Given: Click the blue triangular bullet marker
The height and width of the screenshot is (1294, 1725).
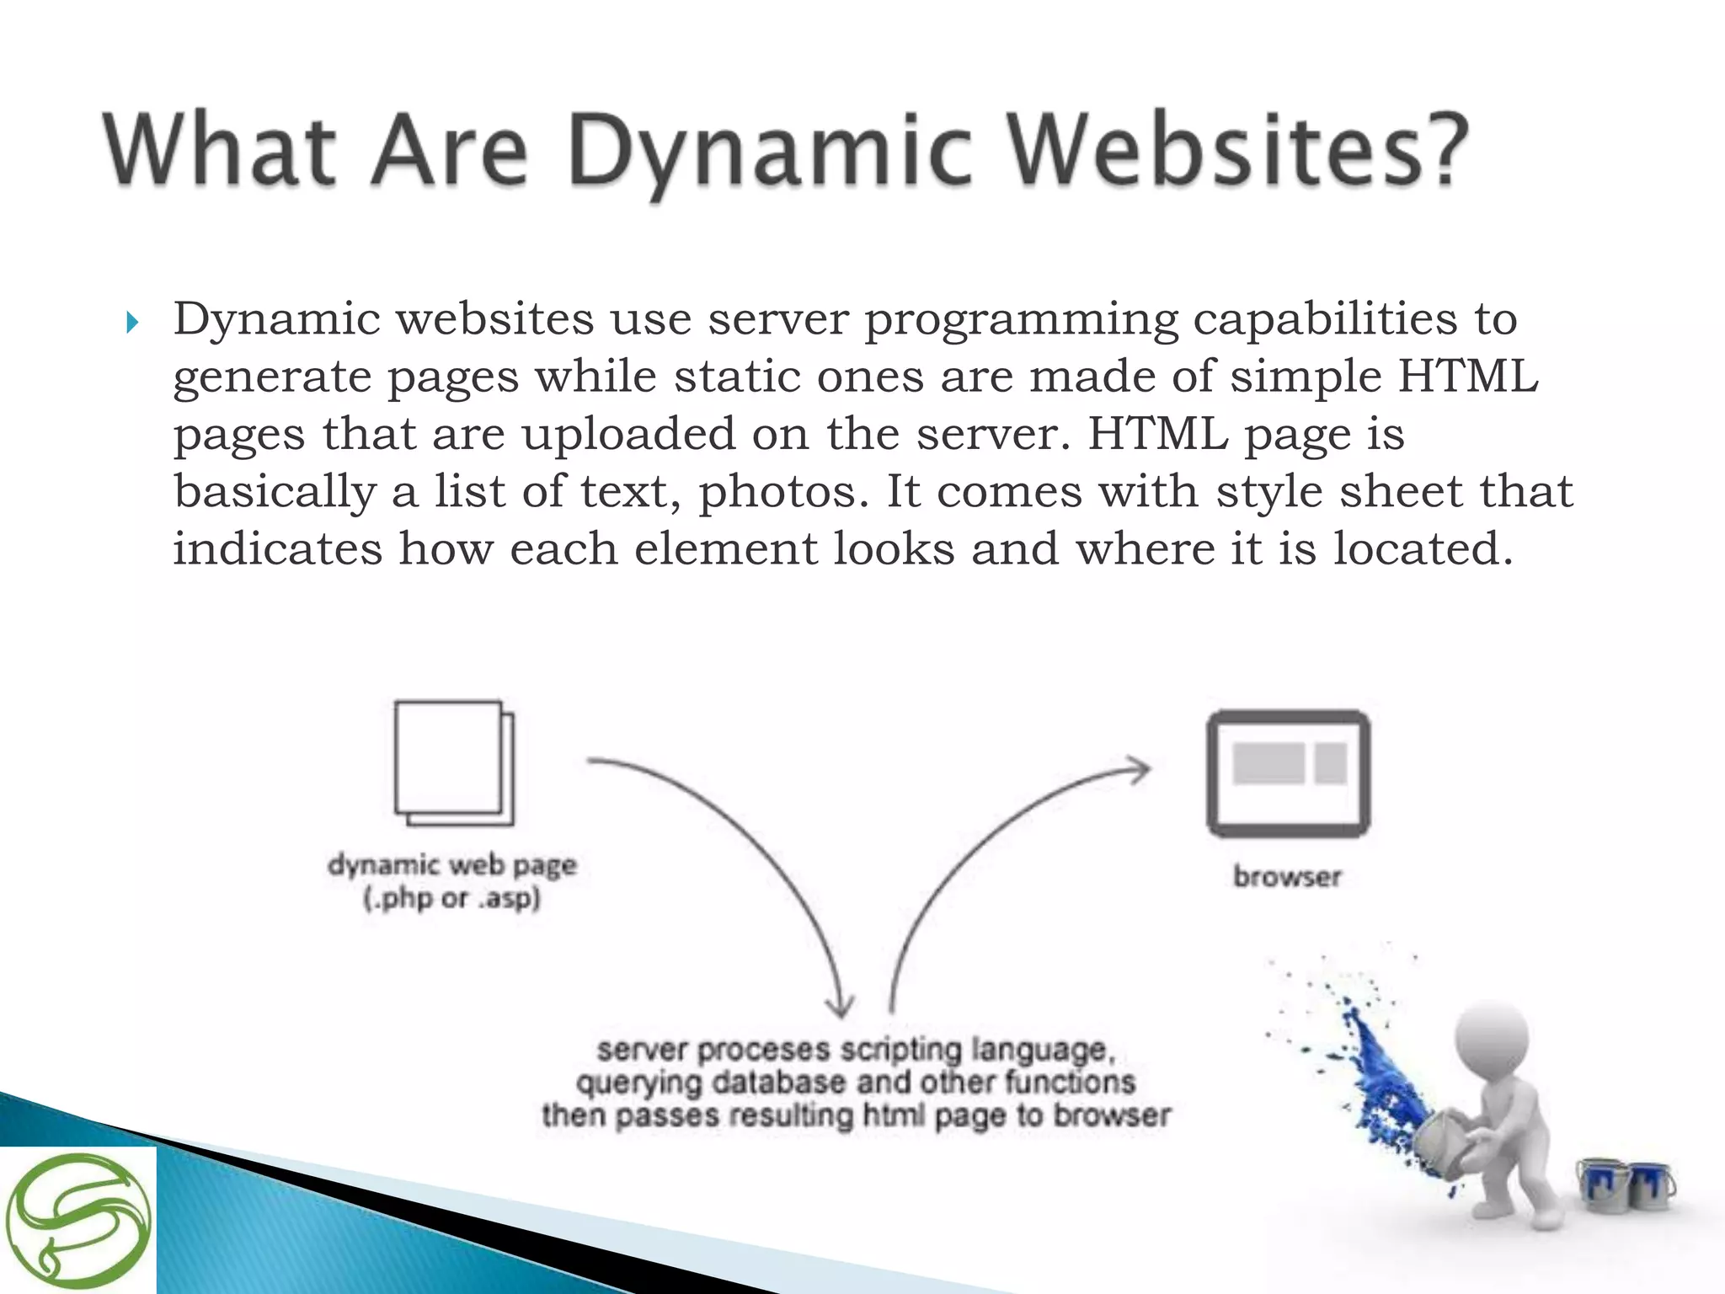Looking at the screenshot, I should [x=132, y=322].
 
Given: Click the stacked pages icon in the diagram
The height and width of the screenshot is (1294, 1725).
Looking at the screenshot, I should [x=454, y=763].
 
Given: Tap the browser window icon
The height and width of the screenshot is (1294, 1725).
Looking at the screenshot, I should [x=1288, y=773].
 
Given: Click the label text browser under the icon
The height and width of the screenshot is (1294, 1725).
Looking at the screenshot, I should [x=1287, y=877].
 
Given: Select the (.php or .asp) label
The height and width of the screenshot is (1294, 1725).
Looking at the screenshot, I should [x=452, y=899].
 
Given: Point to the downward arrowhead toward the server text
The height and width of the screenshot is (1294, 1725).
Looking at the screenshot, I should [x=840, y=1006].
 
